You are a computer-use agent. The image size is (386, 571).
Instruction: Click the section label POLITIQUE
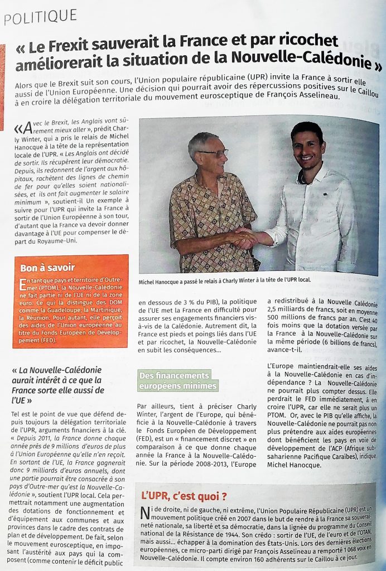click(x=41, y=17)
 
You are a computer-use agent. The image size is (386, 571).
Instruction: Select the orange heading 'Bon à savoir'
click(x=47, y=267)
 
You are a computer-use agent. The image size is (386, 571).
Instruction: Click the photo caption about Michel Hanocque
click(x=224, y=280)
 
